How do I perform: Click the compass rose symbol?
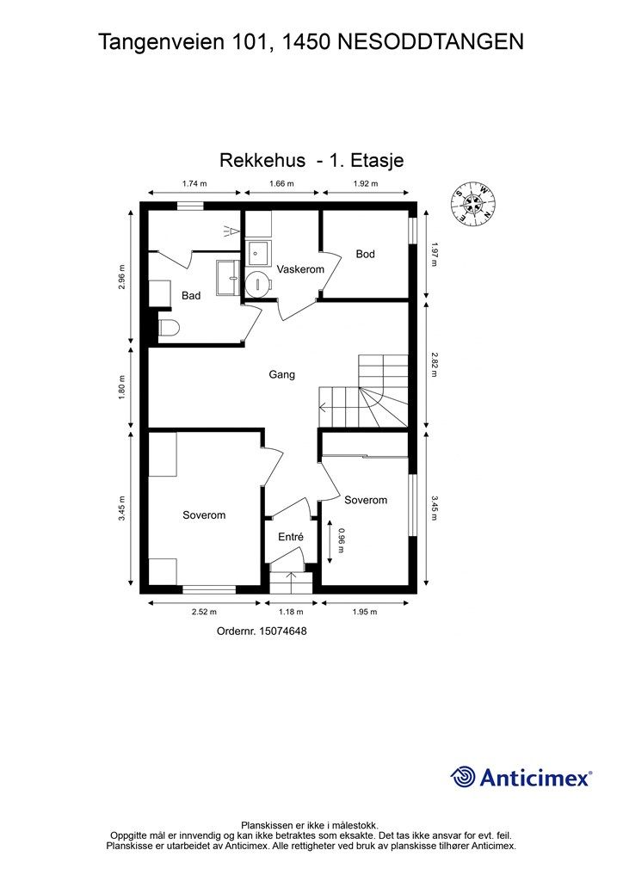(473, 204)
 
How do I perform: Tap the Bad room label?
(191, 296)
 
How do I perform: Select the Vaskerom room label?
(300, 270)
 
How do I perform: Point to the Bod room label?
(366, 255)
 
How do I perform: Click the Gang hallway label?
(282, 375)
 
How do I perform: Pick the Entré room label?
(290, 537)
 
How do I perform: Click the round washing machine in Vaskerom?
(257, 284)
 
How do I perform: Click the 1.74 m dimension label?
(195, 184)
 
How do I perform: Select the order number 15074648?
(262, 631)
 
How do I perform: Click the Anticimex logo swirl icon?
(463, 777)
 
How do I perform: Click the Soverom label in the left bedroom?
(204, 515)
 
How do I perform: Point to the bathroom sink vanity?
(229, 277)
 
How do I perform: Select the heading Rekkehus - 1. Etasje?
(311, 160)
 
